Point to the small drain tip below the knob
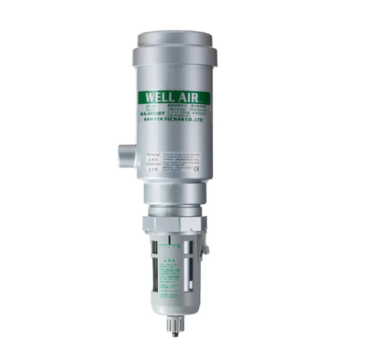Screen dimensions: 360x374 pos(174,334)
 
